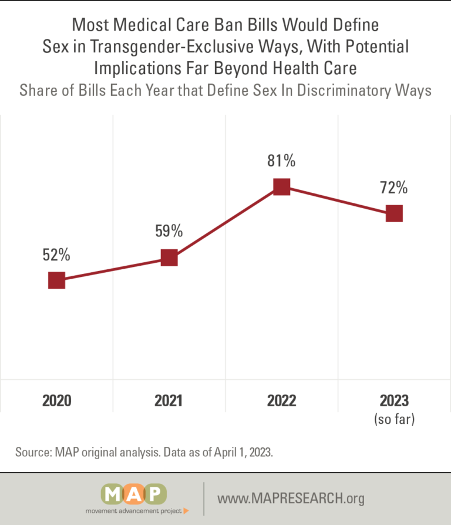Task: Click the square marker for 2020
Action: pyautogui.click(x=56, y=280)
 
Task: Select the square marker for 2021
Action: pyautogui.click(x=169, y=258)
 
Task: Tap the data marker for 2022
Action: pyautogui.click(x=281, y=186)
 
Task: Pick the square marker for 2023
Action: pyautogui.click(x=394, y=213)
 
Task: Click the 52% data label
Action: pyautogui.click(x=56, y=255)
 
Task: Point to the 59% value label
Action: pyautogui.click(x=169, y=231)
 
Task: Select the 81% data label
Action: pyautogui.click(x=281, y=160)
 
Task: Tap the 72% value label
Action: pyautogui.click(x=394, y=188)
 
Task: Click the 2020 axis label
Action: pyautogui.click(x=56, y=401)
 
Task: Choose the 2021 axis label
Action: pyautogui.click(x=169, y=401)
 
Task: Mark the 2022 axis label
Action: pyautogui.click(x=281, y=401)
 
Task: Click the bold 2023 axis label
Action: pyautogui.click(x=394, y=401)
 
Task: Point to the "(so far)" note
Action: pyautogui.click(x=395, y=419)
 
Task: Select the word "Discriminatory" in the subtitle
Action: pyautogui.click(x=344, y=91)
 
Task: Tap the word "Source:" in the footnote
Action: pyautogui.click(x=33, y=452)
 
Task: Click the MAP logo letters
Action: pyautogui.click(x=134, y=494)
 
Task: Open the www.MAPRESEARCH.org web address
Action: pyautogui.click(x=291, y=498)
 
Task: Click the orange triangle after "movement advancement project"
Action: pyautogui.click(x=186, y=511)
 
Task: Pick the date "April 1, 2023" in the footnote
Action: pyautogui.click(x=243, y=452)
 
